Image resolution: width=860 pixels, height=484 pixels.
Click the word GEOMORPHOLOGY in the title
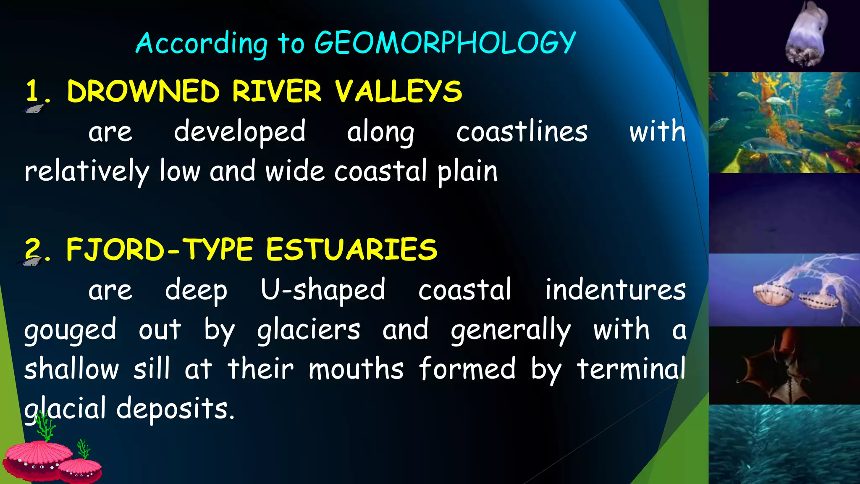point(445,43)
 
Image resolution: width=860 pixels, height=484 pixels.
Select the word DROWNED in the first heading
point(143,91)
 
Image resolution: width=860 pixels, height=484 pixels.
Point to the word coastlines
point(522,132)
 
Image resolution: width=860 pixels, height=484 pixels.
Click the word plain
point(467,172)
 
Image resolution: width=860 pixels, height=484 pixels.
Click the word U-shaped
point(322,290)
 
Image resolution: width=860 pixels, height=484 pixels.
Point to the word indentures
point(615,289)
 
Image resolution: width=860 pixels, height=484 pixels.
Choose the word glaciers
point(309,330)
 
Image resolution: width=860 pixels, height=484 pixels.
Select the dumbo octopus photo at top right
point(784,36)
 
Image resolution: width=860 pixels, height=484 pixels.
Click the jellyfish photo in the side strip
point(784,290)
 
